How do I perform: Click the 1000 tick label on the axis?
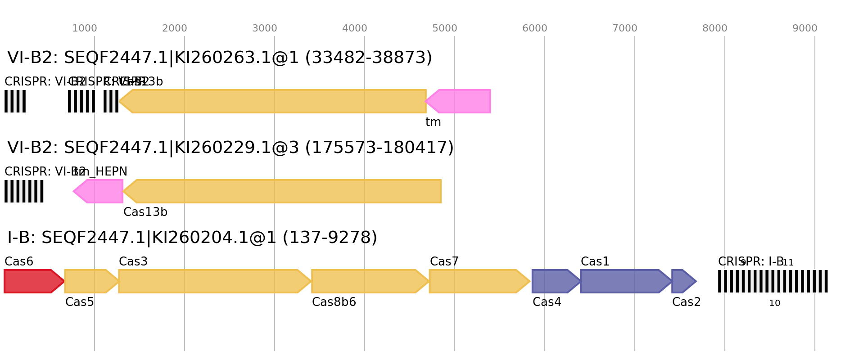85,29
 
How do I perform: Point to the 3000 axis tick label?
265,29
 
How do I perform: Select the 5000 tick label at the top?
445,29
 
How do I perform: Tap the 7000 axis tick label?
625,29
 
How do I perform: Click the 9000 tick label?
805,29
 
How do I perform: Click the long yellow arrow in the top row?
275,101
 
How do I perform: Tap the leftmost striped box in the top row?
15,101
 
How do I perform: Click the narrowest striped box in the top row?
111,101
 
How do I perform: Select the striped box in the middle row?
24,191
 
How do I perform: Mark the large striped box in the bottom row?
773,281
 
